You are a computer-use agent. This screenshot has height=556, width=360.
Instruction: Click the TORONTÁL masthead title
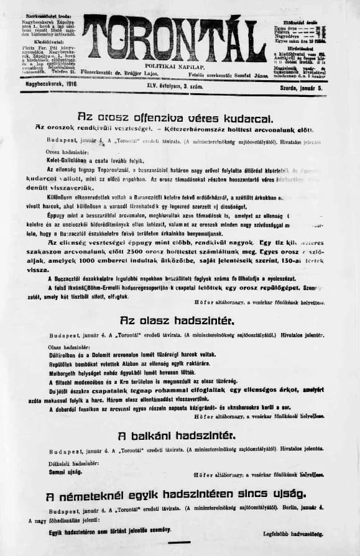(175, 39)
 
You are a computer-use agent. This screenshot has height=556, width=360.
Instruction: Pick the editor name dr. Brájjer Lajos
(140, 73)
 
